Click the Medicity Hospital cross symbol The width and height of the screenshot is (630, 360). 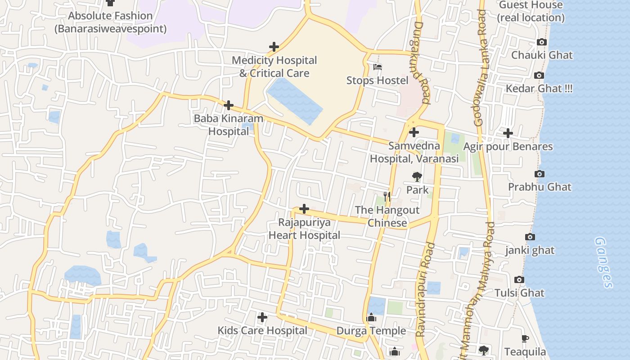274,47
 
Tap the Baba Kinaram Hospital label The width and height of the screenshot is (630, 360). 229,125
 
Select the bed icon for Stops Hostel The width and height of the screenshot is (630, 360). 378,67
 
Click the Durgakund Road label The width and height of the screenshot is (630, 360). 418,63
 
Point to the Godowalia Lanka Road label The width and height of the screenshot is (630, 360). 481,67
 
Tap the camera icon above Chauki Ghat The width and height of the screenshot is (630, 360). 542,42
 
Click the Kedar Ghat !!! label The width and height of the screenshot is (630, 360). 539,88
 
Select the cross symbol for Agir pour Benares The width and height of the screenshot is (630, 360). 508,133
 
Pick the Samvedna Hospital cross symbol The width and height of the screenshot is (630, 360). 414,132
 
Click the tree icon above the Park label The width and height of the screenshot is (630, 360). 417,176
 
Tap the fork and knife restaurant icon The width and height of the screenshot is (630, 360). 387,196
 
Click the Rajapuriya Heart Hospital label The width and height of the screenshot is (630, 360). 304,229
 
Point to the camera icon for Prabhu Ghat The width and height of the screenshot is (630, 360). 539,174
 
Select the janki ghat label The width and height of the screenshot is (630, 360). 530,250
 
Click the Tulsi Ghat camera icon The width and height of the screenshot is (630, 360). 519,279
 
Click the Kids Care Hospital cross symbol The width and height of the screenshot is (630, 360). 262,317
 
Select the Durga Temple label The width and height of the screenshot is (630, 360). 371,331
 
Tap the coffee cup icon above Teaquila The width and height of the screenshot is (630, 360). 525,338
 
